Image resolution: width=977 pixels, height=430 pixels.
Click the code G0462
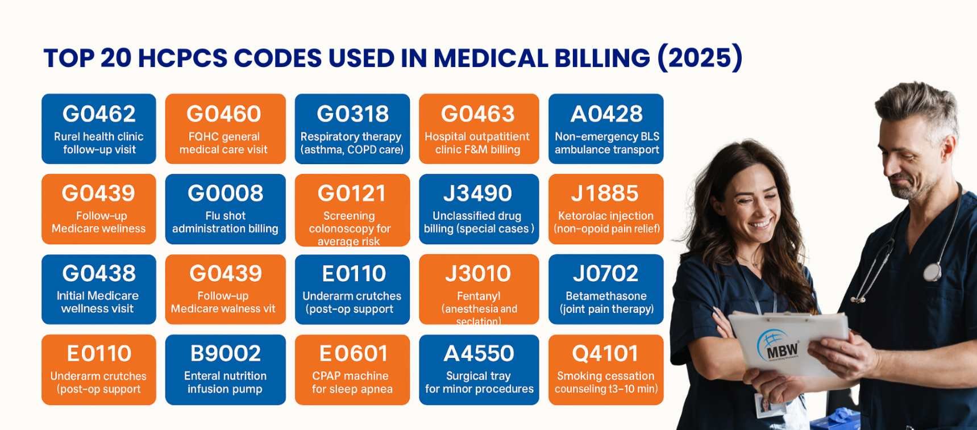pyautogui.click(x=99, y=114)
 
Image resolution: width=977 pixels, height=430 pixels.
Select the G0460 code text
pyautogui.click(x=224, y=114)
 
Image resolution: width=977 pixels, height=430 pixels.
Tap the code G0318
pyautogui.click(x=352, y=114)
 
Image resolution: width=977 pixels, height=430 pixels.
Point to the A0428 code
pyautogui.click(x=606, y=114)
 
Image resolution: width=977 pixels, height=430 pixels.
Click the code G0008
pyautogui.click(x=225, y=194)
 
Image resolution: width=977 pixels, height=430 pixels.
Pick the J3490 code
pyautogui.click(x=478, y=194)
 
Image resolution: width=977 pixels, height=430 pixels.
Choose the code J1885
pyautogui.click(x=605, y=194)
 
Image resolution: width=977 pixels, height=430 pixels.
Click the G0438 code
pyautogui.click(x=99, y=274)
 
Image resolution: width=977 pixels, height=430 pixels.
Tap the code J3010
pyautogui.click(x=478, y=274)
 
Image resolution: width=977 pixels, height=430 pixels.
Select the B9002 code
pyautogui.click(x=225, y=354)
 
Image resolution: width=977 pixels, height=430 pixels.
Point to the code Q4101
pyautogui.click(x=605, y=354)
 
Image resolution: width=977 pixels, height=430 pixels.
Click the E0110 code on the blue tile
pyautogui.click(x=354, y=274)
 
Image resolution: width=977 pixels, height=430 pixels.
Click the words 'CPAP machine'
pyautogui.click(x=350, y=376)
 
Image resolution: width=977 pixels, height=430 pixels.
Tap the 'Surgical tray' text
pyautogui.click(x=478, y=376)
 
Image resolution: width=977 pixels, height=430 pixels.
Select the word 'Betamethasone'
pyautogui.click(x=606, y=296)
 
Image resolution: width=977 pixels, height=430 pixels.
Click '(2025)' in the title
pyautogui.click(x=700, y=58)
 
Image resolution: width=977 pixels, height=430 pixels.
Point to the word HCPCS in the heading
pyautogui.click(x=182, y=58)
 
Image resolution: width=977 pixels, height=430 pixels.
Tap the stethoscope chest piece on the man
pyautogui.click(x=932, y=272)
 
